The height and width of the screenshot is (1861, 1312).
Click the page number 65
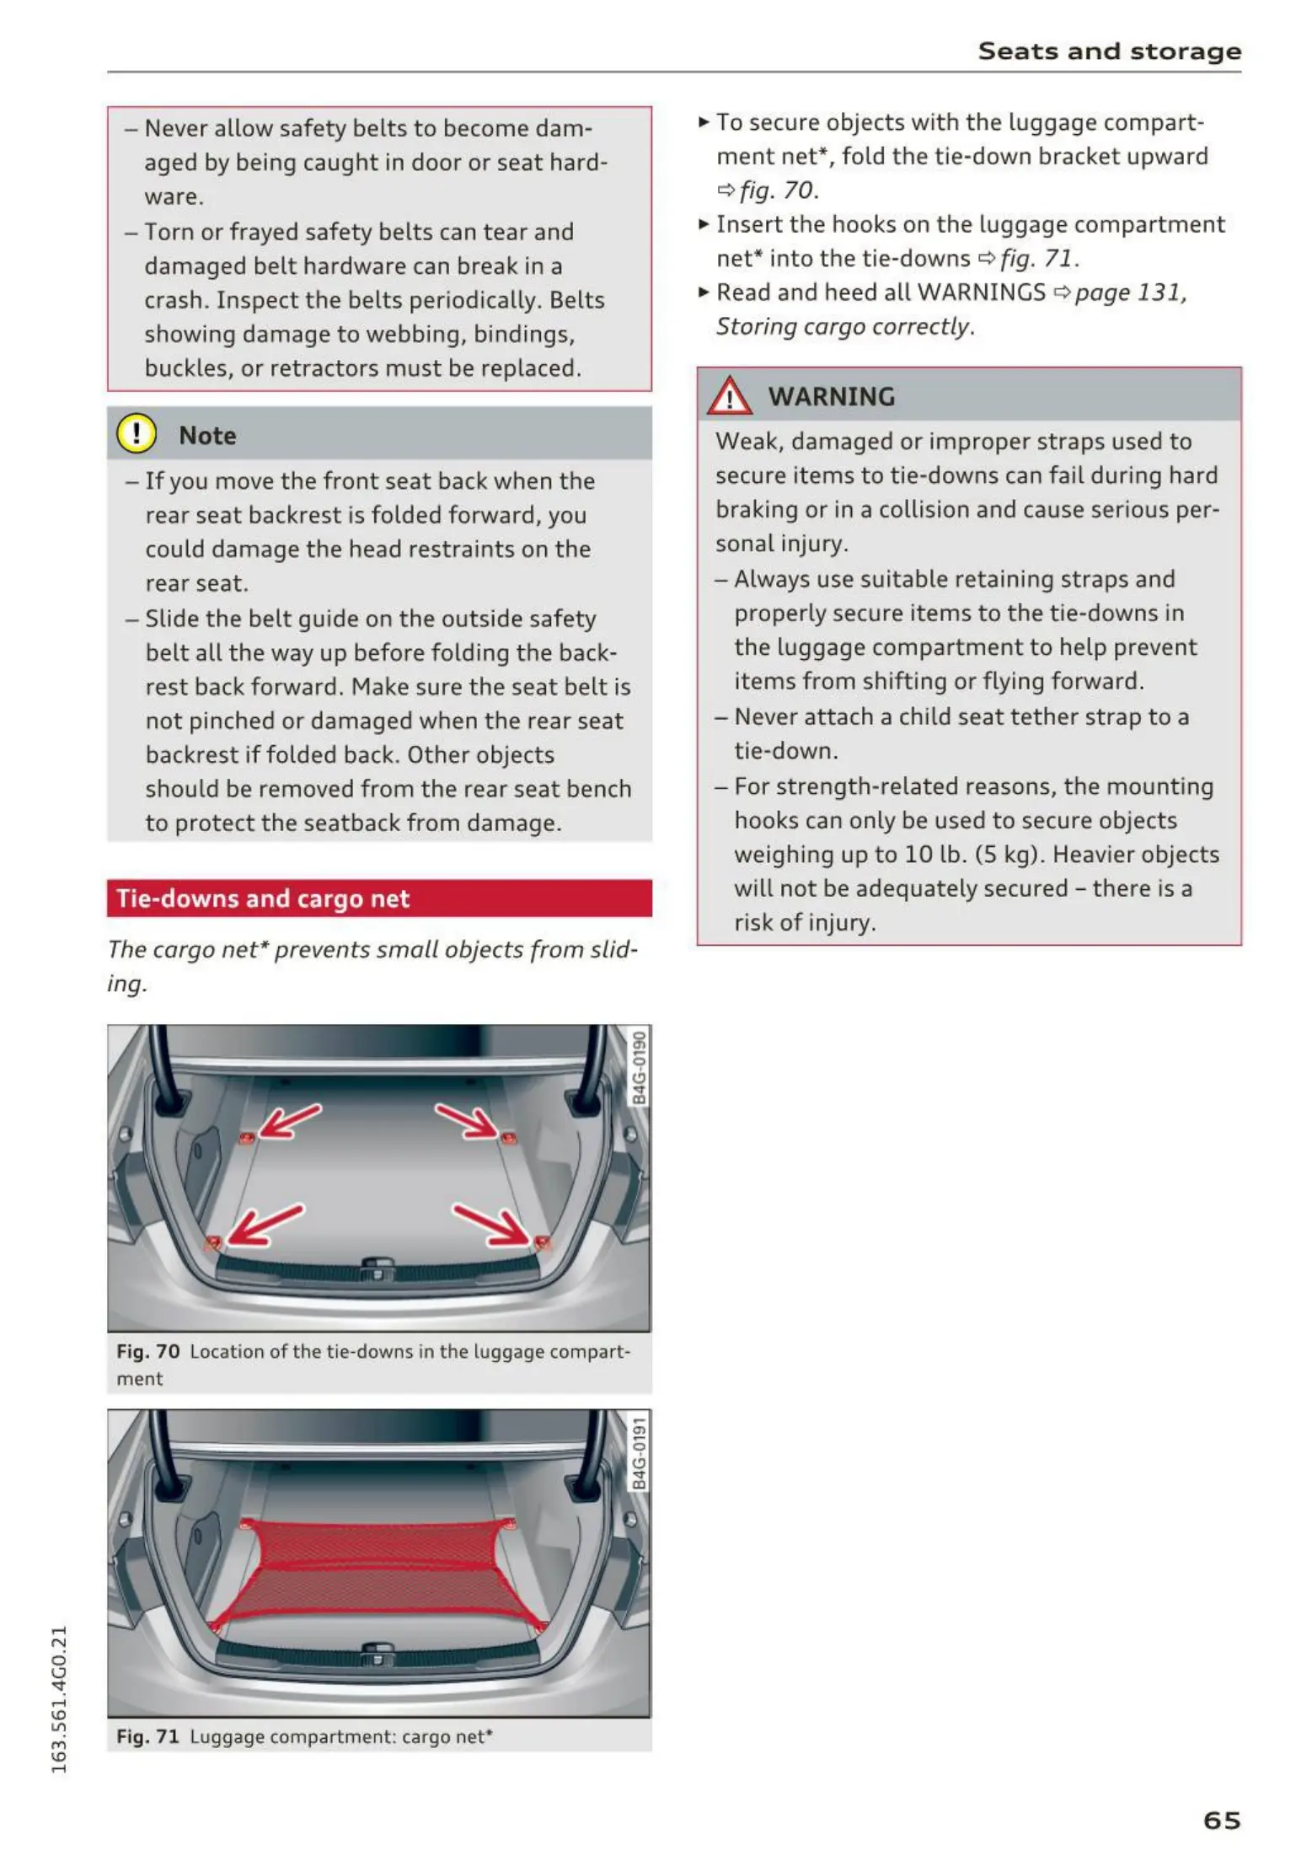1221,1820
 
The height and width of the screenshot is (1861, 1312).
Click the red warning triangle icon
729,396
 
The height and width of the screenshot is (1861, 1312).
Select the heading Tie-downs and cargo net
263,898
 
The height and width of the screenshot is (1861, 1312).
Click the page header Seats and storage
1109,51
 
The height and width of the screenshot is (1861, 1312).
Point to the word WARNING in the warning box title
831,396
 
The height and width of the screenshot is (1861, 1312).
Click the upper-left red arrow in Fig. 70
289,1122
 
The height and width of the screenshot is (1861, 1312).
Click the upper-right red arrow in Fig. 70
467,1120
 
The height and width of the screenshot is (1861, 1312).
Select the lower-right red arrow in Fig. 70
491,1224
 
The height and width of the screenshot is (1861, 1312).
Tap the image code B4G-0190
640,1066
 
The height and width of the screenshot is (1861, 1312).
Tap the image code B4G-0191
640,1452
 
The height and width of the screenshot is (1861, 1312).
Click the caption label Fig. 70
147,1351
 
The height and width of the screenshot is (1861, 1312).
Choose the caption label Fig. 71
147,1736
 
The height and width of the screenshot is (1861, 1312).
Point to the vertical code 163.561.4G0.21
58,1697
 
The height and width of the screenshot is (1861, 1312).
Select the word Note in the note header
207,435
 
